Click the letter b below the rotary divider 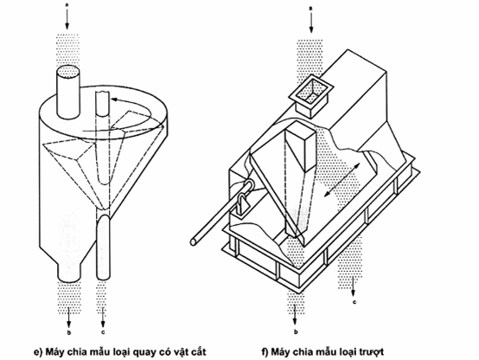(x=69, y=332)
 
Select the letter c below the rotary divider (x=103, y=332)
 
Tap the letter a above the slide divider (x=311, y=10)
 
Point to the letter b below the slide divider (x=296, y=331)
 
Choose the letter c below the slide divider (x=354, y=303)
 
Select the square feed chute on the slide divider (x=311, y=95)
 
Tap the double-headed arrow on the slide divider (x=342, y=179)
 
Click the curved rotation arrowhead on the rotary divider (x=114, y=100)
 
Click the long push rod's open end (x=194, y=242)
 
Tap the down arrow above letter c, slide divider (x=354, y=286)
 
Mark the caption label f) (x=265, y=351)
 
